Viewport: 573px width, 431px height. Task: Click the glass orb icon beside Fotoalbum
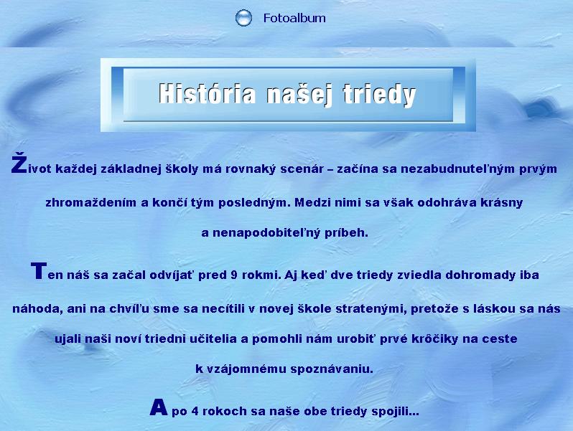pos(243,18)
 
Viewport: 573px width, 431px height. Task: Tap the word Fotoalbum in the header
pos(294,18)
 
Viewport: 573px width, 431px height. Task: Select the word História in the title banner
pos(208,93)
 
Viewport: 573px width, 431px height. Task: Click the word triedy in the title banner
pos(379,95)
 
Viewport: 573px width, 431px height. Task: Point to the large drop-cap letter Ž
pos(19,164)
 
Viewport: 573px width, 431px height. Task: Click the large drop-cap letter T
pos(39,271)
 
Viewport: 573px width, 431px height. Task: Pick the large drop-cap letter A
pos(159,407)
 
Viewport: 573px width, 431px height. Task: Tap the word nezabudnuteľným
pos(458,169)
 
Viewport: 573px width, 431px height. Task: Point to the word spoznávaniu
pos(332,369)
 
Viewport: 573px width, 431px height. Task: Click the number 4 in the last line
pos(195,412)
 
